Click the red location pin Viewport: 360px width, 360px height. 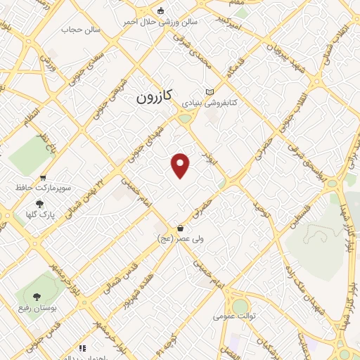coord(181,165)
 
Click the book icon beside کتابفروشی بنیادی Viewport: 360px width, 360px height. coord(209,92)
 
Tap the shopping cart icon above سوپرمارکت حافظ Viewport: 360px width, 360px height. coord(44,178)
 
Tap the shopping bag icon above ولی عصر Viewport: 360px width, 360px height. coord(181,228)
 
